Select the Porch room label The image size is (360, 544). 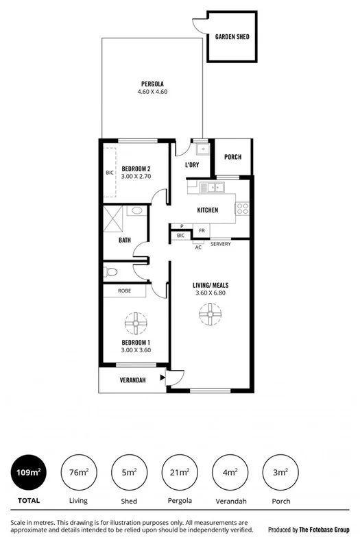point(232,157)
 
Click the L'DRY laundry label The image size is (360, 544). point(193,165)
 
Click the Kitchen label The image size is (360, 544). point(207,210)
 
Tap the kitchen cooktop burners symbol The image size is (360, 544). point(243,206)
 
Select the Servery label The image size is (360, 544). point(220,244)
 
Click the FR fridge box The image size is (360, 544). point(202,231)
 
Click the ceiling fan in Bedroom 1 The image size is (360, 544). point(136,321)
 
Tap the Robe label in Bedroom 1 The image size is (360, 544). point(124,290)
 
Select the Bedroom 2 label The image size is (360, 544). point(136,169)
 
